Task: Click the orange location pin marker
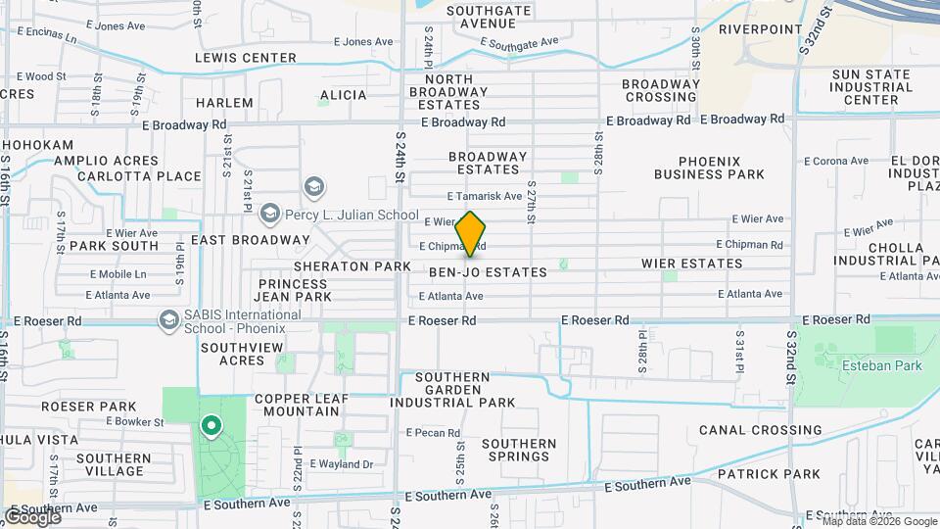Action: pos(471,234)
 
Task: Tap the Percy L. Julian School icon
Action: pos(315,187)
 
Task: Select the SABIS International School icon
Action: pos(169,320)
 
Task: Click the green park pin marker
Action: pos(210,426)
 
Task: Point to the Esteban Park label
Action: pos(869,365)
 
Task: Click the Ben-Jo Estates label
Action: pos(488,272)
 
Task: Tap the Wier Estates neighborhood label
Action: pos(692,264)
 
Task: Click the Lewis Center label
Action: pos(245,58)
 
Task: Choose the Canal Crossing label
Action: pos(761,430)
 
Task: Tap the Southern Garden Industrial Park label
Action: pos(452,390)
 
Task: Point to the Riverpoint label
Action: pos(761,29)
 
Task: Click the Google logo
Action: pos(32,516)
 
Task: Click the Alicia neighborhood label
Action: pos(343,95)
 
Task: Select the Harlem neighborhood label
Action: pos(224,103)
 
